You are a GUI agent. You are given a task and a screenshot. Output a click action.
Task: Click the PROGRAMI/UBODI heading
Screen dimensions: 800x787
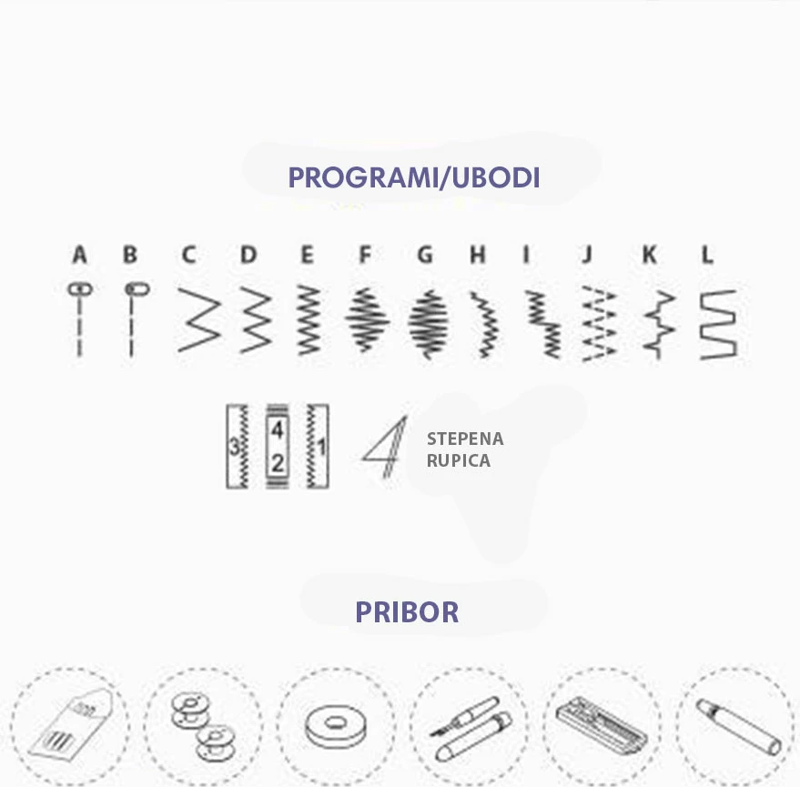pyautogui.click(x=414, y=177)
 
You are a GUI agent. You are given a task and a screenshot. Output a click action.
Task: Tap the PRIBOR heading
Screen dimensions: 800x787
pyautogui.click(x=407, y=612)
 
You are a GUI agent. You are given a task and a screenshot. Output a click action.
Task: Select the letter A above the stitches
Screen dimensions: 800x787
pyautogui.click(x=79, y=254)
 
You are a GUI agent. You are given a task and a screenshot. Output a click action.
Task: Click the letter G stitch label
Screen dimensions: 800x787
pyautogui.click(x=424, y=254)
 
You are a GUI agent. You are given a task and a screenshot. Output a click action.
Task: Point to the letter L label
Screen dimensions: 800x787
pyautogui.click(x=707, y=254)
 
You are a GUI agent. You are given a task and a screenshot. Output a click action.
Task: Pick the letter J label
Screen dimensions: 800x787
pyautogui.click(x=587, y=254)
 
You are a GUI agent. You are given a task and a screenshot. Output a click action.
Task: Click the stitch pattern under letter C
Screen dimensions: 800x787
pyautogui.click(x=199, y=319)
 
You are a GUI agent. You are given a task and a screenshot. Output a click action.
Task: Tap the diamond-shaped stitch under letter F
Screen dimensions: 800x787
pyautogui.click(x=367, y=319)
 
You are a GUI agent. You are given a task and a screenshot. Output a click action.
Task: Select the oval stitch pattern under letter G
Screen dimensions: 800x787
pyautogui.click(x=429, y=323)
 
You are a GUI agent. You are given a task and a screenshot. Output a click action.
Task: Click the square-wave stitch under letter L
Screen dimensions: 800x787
pyautogui.click(x=718, y=325)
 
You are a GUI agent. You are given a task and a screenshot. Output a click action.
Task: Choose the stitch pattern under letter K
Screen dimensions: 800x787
pyautogui.click(x=659, y=325)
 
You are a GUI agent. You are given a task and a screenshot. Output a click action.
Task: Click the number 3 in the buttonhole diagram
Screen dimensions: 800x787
pyautogui.click(x=234, y=448)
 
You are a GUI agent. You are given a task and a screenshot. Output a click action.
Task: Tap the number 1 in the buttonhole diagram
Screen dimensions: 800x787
pyautogui.click(x=321, y=448)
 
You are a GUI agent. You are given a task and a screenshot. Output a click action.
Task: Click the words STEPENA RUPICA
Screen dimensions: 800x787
pyautogui.click(x=465, y=449)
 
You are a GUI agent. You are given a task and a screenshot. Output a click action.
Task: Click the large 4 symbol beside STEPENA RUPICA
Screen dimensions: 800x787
pyautogui.click(x=386, y=448)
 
